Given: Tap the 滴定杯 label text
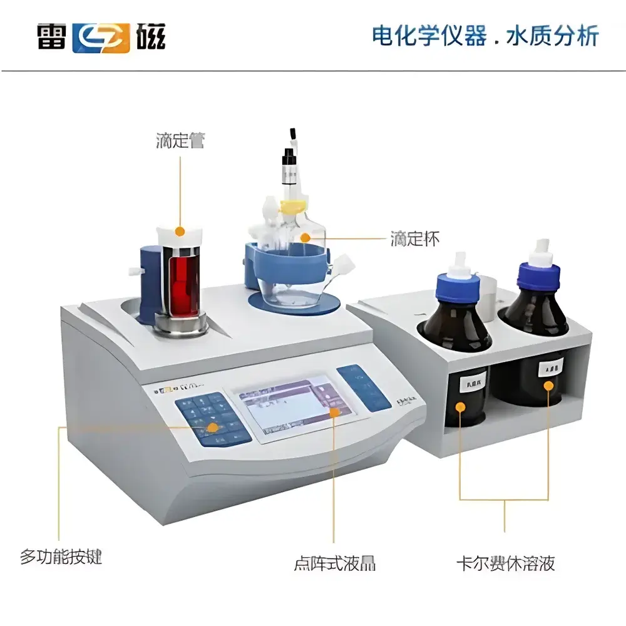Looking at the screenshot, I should [415, 239].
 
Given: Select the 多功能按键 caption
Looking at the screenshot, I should [61, 557].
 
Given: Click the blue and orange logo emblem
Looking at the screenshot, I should [101, 37].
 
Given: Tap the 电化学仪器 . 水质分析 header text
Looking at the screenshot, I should [485, 36].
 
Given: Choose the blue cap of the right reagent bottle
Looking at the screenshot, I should [538, 275].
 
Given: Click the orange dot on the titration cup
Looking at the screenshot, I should [305, 237].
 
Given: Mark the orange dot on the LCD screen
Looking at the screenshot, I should [334, 412].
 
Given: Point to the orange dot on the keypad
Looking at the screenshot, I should [213, 428].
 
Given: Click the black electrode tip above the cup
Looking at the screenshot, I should [292, 134].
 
